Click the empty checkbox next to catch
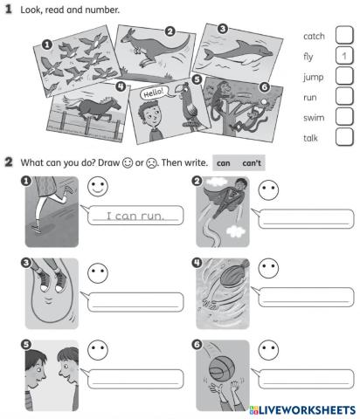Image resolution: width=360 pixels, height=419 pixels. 343,37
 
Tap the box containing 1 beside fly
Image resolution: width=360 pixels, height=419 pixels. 343,57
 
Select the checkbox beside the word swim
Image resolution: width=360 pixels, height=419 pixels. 343,117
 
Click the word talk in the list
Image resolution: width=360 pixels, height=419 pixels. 311,137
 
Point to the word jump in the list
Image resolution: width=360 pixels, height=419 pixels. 313,77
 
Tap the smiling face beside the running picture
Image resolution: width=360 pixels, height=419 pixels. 98,187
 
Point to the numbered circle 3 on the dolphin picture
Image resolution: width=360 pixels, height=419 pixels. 223,28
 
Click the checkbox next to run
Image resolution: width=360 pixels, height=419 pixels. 343,97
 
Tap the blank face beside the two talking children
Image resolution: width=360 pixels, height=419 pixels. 98,351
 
